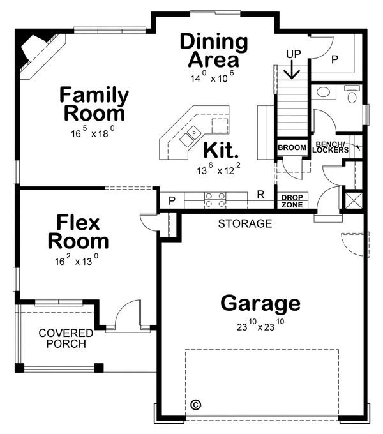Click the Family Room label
pos(93,105)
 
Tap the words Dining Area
pos(213,51)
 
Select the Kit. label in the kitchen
pos(221,152)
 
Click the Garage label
pos(260,303)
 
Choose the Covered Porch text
pos(66,338)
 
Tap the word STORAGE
pos(245,224)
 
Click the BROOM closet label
pos(292,148)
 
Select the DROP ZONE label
pos(292,202)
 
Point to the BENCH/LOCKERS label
pos(331,147)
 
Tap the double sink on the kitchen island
pos(190,135)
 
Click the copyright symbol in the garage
pos(196,405)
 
